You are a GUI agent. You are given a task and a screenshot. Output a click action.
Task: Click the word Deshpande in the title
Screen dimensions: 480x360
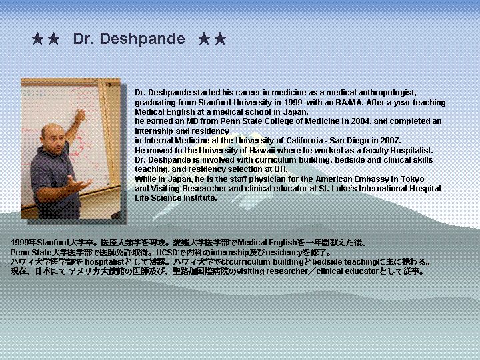point(143,39)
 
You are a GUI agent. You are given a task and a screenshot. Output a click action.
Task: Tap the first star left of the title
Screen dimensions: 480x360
point(37,39)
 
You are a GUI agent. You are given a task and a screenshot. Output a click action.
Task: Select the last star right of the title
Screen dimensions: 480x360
point(221,39)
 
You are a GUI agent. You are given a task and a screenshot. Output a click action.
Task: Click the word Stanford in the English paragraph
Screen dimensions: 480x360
point(214,102)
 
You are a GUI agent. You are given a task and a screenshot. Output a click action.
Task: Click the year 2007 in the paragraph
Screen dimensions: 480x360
point(390,141)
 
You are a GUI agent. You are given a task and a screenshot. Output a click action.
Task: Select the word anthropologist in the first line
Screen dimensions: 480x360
point(387,93)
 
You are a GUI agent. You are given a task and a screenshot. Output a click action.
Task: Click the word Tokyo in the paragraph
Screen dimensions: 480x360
point(413,179)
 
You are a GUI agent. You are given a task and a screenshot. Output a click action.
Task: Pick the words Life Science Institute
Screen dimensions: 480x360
point(175,198)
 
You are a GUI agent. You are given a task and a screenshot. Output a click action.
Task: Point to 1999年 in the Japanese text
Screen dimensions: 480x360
point(23,243)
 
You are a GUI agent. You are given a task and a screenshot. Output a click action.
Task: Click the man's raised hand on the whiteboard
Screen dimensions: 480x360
point(80,115)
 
